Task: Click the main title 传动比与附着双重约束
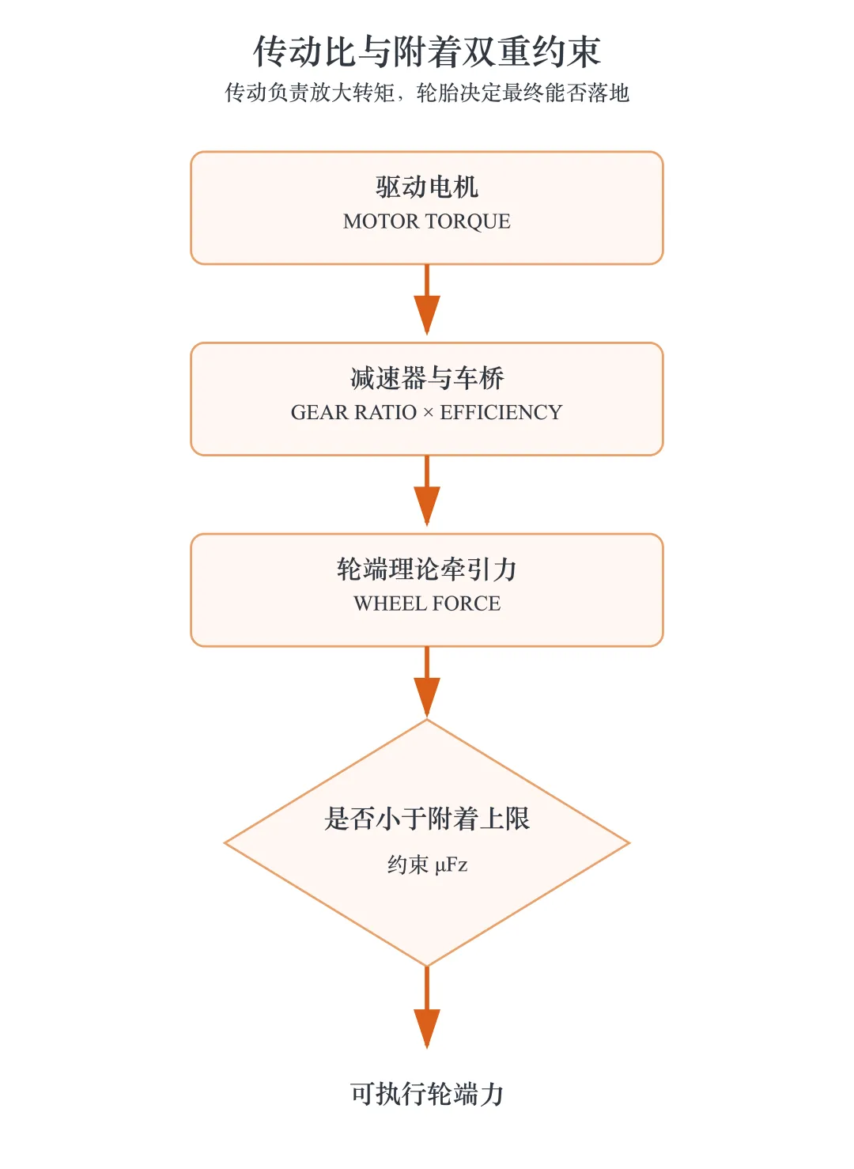coord(427,51)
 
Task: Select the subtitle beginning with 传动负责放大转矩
coord(427,93)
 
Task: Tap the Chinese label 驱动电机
coord(427,187)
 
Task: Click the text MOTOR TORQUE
coord(427,221)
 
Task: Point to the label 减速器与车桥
coord(427,378)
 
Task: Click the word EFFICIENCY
coord(501,412)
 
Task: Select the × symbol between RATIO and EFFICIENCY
coord(429,413)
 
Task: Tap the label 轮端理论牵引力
coord(427,569)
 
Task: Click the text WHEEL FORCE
coord(427,603)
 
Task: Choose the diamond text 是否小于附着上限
coord(427,818)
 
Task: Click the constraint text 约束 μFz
coord(427,864)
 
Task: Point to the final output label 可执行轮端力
coord(427,1094)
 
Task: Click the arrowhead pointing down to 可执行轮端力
coord(427,1029)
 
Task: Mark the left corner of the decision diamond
coord(225,843)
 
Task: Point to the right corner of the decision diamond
coord(629,843)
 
